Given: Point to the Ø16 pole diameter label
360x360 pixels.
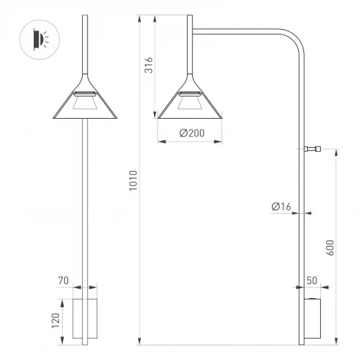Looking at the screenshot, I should [280, 206].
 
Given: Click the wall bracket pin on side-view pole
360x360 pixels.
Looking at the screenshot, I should [312, 150].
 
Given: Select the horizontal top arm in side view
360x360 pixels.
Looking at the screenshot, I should [237, 31].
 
